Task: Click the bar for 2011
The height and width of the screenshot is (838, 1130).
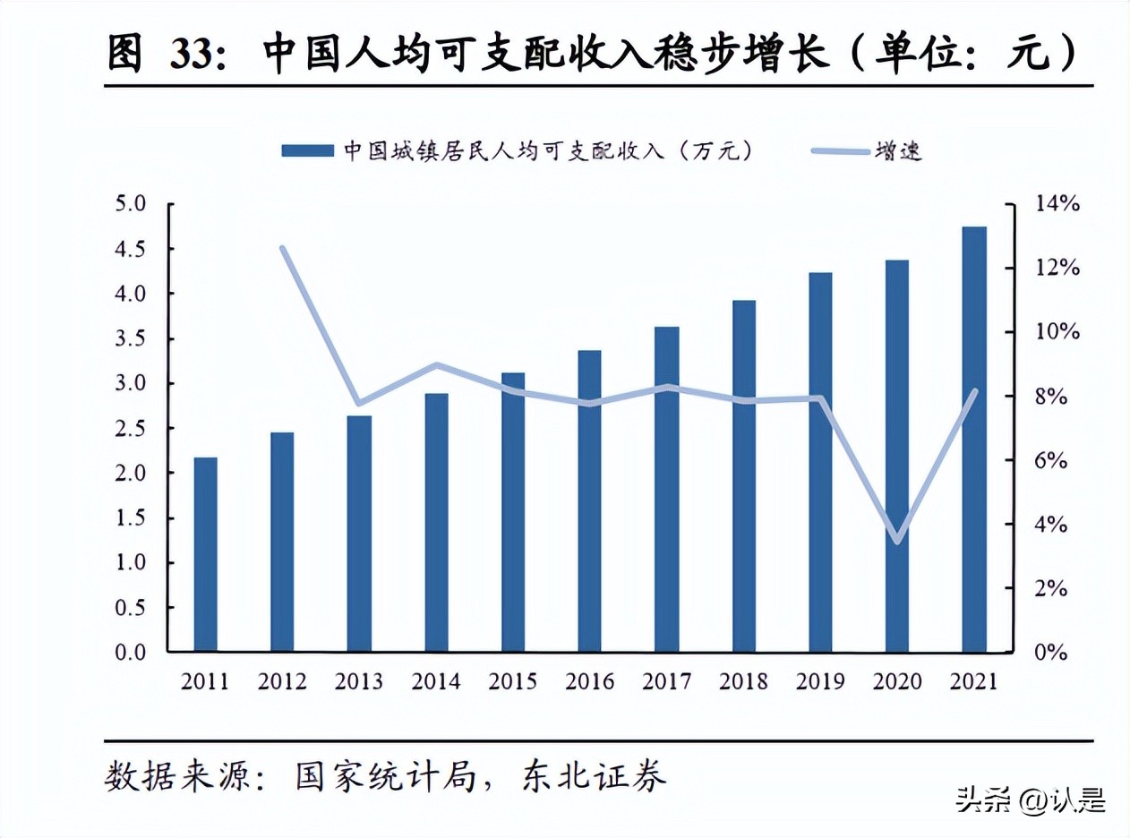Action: click(205, 554)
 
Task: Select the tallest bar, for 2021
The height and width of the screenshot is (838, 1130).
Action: click(974, 439)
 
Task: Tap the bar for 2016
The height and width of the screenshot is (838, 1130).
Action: click(589, 500)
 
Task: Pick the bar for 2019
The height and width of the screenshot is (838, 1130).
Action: click(820, 461)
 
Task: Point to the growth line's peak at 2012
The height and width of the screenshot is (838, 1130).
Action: click(282, 248)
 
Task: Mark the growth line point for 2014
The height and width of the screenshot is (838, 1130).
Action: click(436, 365)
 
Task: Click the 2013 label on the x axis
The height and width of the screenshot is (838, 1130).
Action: click(358, 681)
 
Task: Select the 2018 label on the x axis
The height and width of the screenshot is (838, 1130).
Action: click(743, 681)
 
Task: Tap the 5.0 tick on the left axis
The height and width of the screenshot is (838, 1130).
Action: click(130, 205)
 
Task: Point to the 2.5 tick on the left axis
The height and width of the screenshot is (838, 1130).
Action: click(130, 429)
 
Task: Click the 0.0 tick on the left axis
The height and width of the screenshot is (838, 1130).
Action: click(130, 653)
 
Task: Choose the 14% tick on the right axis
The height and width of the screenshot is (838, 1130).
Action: click(1057, 205)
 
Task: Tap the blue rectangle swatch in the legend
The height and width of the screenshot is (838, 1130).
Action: click(307, 150)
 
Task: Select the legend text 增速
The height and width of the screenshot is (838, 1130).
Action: click(900, 150)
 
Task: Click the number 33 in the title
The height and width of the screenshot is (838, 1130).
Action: click(193, 56)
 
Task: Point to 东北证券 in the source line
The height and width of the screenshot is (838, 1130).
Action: click(594, 775)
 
